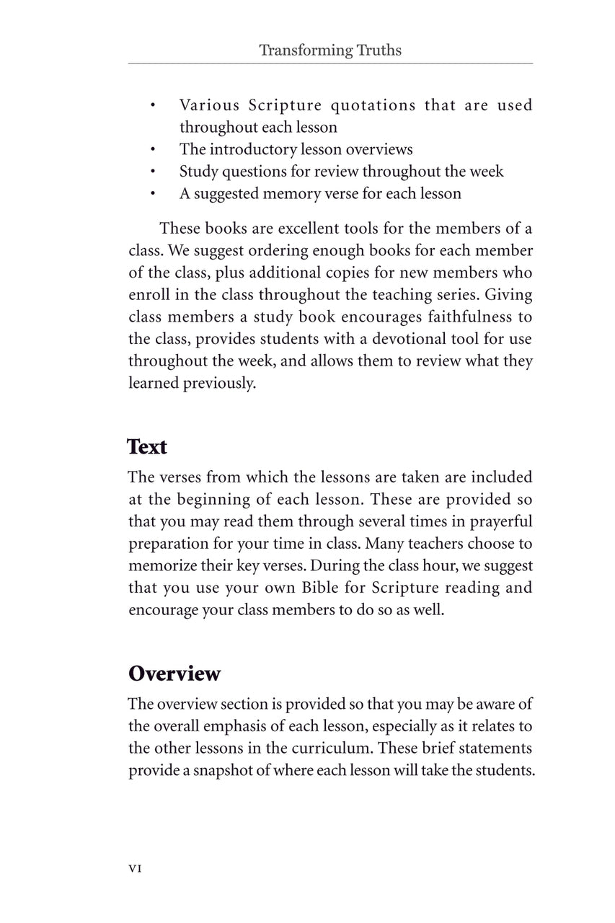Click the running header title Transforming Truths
coord(329,50)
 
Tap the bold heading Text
coord(147,447)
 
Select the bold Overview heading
coord(174,674)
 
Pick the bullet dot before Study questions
coord(154,172)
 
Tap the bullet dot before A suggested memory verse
coord(154,194)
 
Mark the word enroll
coord(149,295)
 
